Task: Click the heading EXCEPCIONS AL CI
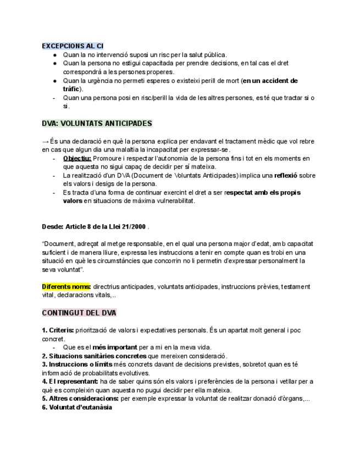click(73, 46)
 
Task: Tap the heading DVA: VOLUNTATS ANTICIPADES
click(97, 124)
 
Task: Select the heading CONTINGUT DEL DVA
click(79, 313)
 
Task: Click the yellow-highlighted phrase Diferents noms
click(66, 287)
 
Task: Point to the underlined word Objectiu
click(77, 158)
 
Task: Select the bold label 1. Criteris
click(58, 331)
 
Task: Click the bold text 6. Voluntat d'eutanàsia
click(77, 408)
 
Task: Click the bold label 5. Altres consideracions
click(80, 399)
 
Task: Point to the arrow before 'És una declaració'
click(45, 141)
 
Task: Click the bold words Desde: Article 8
click(71, 226)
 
